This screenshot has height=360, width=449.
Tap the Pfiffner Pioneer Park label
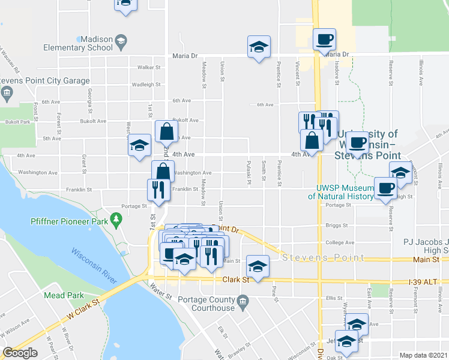[x=67, y=221]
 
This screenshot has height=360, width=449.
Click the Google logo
[x=20, y=353]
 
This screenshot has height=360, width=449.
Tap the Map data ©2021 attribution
[x=423, y=355]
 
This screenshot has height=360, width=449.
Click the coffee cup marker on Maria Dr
[x=325, y=40]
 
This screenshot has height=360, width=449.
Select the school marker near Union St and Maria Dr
[x=259, y=47]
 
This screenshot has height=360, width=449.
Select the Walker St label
[x=149, y=68]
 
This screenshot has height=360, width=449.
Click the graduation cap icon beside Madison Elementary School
[x=121, y=42]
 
